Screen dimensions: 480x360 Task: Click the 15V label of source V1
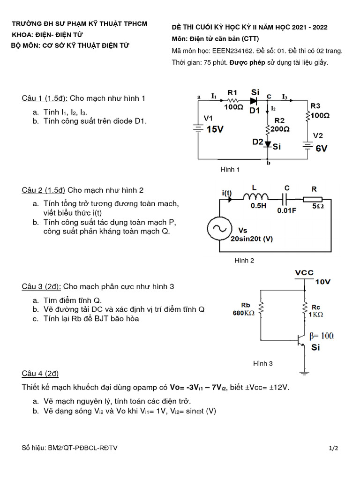click(x=215, y=129)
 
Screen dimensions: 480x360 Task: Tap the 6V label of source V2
click(x=321, y=148)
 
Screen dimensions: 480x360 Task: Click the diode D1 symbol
click(x=254, y=100)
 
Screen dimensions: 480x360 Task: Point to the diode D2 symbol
click(x=268, y=144)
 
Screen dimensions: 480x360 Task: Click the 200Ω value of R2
click(x=279, y=128)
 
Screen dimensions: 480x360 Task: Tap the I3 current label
click(x=285, y=97)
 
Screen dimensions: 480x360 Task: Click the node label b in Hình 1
click(x=268, y=164)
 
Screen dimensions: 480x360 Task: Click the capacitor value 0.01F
click(x=287, y=210)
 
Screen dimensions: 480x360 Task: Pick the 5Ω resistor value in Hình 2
click(x=317, y=205)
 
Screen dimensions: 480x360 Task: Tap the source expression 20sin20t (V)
click(x=252, y=239)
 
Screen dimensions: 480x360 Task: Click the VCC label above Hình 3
click(x=304, y=273)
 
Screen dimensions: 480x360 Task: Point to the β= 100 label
click(x=322, y=336)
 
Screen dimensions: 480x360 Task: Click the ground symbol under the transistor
click(x=305, y=373)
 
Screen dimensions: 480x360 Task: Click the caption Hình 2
click(x=244, y=261)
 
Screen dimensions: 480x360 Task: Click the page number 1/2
click(x=333, y=448)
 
